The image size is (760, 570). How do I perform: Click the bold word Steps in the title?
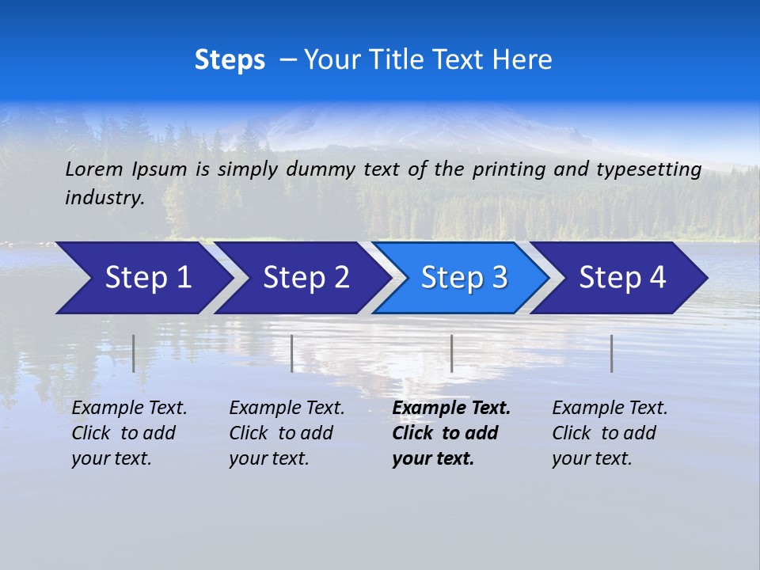(x=230, y=59)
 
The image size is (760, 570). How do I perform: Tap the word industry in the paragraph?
(x=104, y=198)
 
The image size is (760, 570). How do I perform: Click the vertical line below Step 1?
(x=134, y=353)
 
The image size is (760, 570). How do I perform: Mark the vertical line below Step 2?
(x=292, y=353)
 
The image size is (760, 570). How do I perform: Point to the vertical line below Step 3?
(x=451, y=353)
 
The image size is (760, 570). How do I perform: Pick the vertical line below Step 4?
(x=611, y=353)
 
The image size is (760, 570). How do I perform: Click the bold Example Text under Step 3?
(x=451, y=408)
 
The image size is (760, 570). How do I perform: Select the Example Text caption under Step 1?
(x=129, y=408)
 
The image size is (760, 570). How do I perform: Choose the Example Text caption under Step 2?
(x=287, y=408)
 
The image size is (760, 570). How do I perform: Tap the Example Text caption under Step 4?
(x=610, y=408)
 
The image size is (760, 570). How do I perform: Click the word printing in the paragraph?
(x=506, y=169)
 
